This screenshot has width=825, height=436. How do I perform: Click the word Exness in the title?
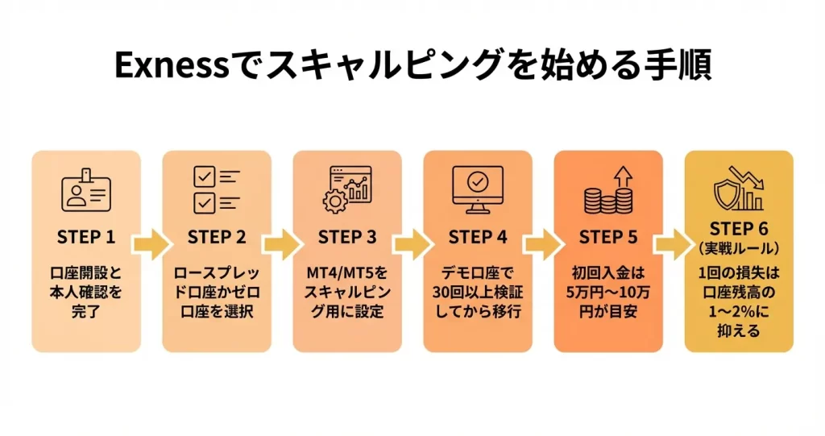click(x=164, y=66)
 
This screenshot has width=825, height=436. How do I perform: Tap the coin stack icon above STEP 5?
click(x=608, y=190)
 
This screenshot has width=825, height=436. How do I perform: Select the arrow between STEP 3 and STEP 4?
click(x=412, y=245)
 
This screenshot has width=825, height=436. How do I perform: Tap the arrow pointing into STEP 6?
click(x=674, y=245)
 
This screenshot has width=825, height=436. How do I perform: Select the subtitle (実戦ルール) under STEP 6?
click(x=739, y=247)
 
